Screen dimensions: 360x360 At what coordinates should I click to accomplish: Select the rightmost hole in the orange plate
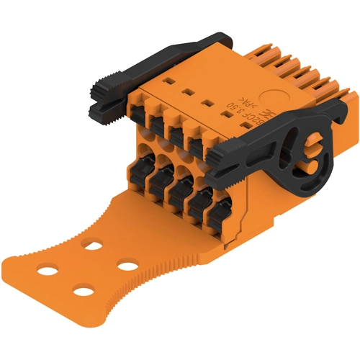(x=128, y=267)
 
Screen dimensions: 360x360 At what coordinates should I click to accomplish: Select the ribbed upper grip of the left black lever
(x=105, y=87)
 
